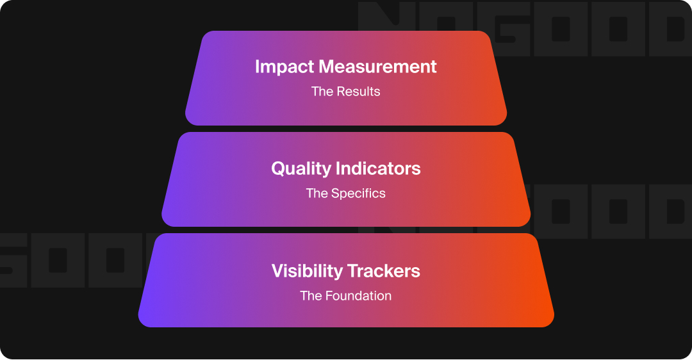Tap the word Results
(x=359, y=92)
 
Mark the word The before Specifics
(x=317, y=193)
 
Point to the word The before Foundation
(x=311, y=296)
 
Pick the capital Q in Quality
(x=278, y=168)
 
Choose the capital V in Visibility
(x=277, y=271)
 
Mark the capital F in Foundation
(x=329, y=296)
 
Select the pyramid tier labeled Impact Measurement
(x=346, y=109)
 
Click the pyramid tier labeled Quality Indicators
(x=346, y=211)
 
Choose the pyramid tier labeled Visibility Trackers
(x=346, y=314)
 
